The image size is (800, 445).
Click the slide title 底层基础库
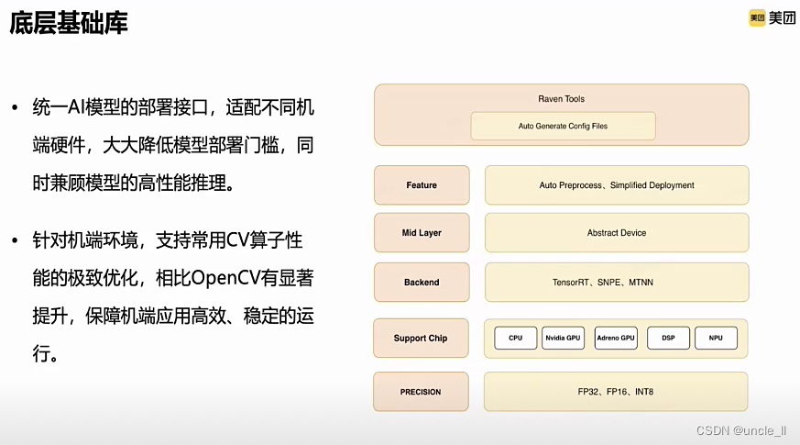pyautogui.click(x=69, y=23)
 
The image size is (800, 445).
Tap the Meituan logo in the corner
pyautogui.click(x=772, y=18)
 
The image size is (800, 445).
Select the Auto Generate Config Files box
pyautogui.click(x=563, y=126)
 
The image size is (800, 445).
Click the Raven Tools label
pyautogui.click(x=561, y=99)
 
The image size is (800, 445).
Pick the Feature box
pyautogui.click(x=422, y=185)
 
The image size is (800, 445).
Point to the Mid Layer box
pyautogui.click(x=422, y=233)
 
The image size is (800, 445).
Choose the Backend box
pyautogui.click(x=422, y=283)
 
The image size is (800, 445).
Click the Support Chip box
pyautogui.click(x=421, y=338)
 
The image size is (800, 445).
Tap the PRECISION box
pyautogui.click(x=421, y=392)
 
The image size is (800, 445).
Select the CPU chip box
pyautogui.click(x=516, y=338)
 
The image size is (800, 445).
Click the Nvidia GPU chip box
pyautogui.click(x=563, y=338)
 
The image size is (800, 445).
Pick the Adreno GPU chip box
pyautogui.click(x=615, y=338)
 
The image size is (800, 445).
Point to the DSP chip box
pyautogui.click(x=668, y=338)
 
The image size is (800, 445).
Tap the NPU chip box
pyautogui.click(x=716, y=338)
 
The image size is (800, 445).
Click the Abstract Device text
pyautogui.click(x=617, y=233)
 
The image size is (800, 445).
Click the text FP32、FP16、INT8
pyautogui.click(x=615, y=392)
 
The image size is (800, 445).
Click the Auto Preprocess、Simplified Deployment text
pyautogui.click(x=617, y=185)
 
